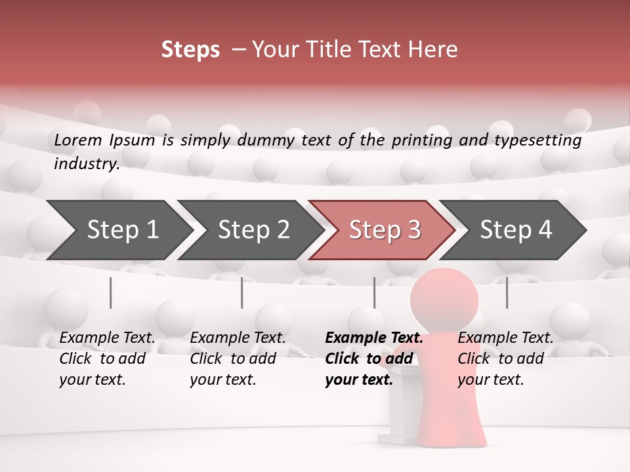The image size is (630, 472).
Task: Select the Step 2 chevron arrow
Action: pyautogui.click(x=253, y=230)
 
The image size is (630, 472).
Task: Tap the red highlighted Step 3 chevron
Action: pyautogui.click(x=385, y=230)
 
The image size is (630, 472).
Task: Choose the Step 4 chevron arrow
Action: pyautogui.click(x=516, y=230)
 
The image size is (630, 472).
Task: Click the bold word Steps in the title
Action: pyautogui.click(x=190, y=50)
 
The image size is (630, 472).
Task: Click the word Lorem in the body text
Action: pyautogui.click(x=78, y=140)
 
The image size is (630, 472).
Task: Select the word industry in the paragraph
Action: pyautogui.click(x=87, y=164)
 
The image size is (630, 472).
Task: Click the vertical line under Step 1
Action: pyautogui.click(x=110, y=292)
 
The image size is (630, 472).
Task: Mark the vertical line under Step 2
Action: pyautogui.click(x=241, y=292)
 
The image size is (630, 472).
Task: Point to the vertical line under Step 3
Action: pyautogui.click(x=374, y=292)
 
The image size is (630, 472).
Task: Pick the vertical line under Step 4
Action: pyautogui.click(x=507, y=292)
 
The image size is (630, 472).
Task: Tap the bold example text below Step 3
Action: pyautogui.click(x=373, y=359)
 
